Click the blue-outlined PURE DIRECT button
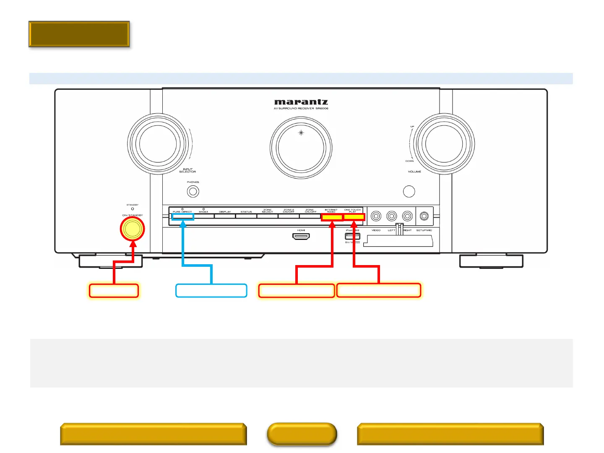tap(183, 217)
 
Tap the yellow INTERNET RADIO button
tap(332, 217)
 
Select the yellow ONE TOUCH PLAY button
tap(354, 217)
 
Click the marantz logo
tap(301, 102)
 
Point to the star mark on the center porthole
tap(301, 133)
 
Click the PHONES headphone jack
tap(193, 192)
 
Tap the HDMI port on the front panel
tap(301, 237)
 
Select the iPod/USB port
tap(352, 236)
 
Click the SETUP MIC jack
tap(424, 216)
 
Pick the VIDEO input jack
tap(376, 216)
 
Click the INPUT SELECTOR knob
tap(158, 144)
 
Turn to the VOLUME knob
tap(444, 144)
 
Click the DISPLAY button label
tap(225, 212)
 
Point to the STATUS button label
tap(246, 212)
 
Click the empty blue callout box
tap(211, 291)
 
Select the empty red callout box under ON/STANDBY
tap(114, 291)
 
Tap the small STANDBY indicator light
tap(133, 209)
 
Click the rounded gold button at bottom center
tap(302, 434)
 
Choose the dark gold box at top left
tap(79, 34)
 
